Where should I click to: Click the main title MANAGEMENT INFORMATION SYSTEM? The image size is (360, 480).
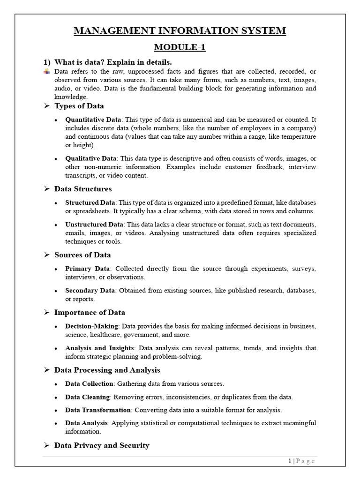[x=180, y=31]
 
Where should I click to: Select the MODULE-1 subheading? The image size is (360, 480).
[x=180, y=47]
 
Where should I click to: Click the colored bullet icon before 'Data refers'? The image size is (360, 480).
[x=46, y=72]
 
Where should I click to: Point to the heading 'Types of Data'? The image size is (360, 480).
[x=79, y=106]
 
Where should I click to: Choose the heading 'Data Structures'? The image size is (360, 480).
[x=83, y=189]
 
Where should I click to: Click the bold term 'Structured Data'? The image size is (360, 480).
[x=90, y=202]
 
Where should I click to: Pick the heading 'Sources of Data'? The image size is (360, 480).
[x=82, y=255]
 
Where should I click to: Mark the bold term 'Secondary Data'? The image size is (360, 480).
[x=91, y=291]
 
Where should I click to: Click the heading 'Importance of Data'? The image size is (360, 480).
[x=90, y=313]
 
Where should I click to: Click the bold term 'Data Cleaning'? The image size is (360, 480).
[x=88, y=397]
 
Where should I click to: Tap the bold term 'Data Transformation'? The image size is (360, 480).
[x=98, y=410]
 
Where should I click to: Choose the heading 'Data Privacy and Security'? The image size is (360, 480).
[x=102, y=445]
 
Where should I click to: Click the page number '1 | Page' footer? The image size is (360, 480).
[x=302, y=461]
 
